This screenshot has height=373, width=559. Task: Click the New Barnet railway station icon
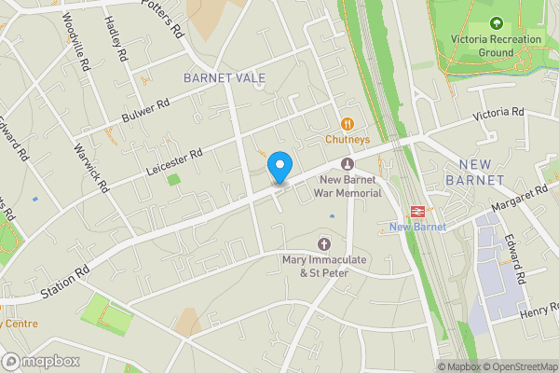pyautogui.click(x=417, y=211)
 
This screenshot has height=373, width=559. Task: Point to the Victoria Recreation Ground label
pyautogui.click(x=495, y=46)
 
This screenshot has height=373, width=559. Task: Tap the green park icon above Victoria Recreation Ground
pyautogui.click(x=495, y=22)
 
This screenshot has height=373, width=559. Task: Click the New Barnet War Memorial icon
pyautogui.click(x=348, y=164)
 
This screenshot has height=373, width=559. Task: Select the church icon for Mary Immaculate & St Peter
pyautogui.click(x=324, y=242)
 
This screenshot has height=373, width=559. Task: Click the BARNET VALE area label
pyautogui.click(x=225, y=77)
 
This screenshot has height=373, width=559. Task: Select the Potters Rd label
pyautogui.click(x=164, y=18)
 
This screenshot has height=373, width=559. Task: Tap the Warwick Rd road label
pyautogui.click(x=91, y=170)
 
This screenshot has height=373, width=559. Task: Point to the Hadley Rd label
pyautogui.click(x=115, y=36)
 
